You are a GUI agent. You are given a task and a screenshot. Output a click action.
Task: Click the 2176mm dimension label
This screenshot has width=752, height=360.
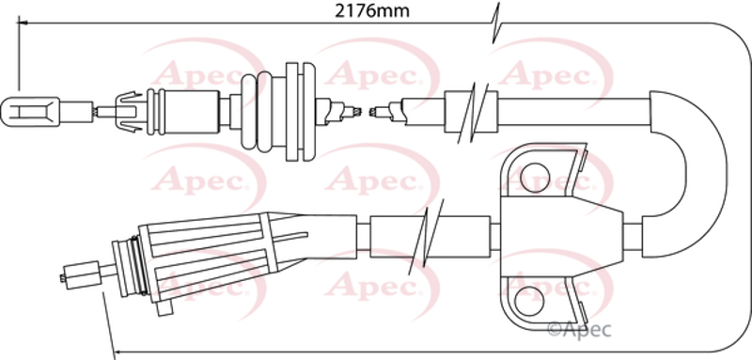pyautogui.click(x=371, y=11)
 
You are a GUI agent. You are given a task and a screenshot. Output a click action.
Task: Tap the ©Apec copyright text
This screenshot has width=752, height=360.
pyautogui.click(x=579, y=329)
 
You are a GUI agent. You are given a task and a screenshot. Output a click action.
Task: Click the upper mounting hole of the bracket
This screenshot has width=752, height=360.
pyautogui.click(x=535, y=178)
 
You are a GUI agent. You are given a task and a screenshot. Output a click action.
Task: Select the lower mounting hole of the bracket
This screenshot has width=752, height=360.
pyautogui.click(x=529, y=301)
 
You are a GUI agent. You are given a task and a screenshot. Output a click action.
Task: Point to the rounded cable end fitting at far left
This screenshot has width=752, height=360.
pyautogui.click(x=30, y=112)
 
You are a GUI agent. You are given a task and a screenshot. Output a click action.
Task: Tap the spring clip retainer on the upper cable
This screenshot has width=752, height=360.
pyautogui.click(x=129, y=112)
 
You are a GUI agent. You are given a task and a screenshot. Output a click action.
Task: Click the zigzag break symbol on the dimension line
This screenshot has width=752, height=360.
pyautogui.click(x=495, y=23)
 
